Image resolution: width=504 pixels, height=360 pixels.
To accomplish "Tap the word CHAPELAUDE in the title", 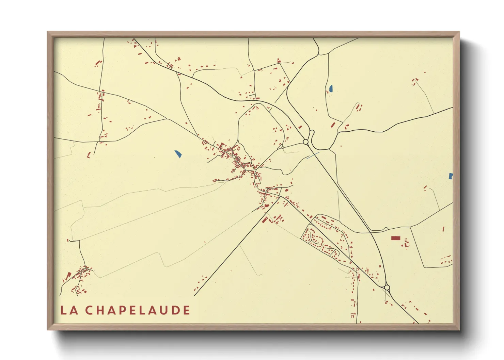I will coord(137,310).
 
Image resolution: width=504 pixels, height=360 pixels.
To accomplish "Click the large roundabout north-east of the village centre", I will coord(305,142).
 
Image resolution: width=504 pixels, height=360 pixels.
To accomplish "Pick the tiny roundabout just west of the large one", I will coord(283,147).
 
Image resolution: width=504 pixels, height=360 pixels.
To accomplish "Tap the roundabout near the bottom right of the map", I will coord(387,288).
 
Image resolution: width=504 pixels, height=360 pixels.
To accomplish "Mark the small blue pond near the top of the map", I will coord(331,89).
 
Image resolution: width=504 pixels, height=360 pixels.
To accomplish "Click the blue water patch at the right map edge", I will coord(451,176).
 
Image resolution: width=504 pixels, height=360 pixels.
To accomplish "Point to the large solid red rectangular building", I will coord(395,238).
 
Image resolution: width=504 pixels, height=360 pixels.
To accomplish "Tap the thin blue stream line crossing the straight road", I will coord(313,156).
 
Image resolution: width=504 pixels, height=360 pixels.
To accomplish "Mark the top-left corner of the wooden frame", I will coord(48,32).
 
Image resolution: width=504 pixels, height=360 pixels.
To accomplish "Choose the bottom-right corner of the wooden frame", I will coord(459,329).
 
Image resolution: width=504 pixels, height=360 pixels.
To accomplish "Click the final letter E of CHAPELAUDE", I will coord(186,310).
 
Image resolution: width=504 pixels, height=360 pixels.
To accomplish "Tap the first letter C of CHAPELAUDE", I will coord(89,310).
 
